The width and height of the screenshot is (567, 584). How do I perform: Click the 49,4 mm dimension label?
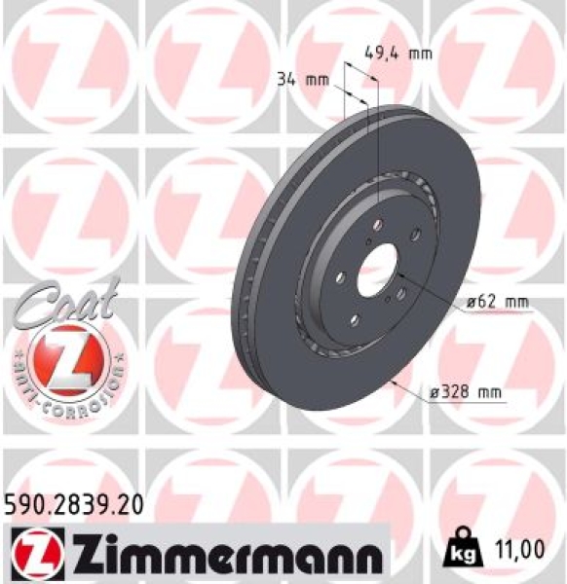pos(397,55)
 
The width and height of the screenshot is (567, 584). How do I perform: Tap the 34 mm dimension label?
pos(302,81)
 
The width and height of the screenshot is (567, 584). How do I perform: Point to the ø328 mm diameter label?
pos(465,394)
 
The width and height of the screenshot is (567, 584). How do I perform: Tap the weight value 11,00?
pos(518,552)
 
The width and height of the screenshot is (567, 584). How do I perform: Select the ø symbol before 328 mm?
pos(434,394)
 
